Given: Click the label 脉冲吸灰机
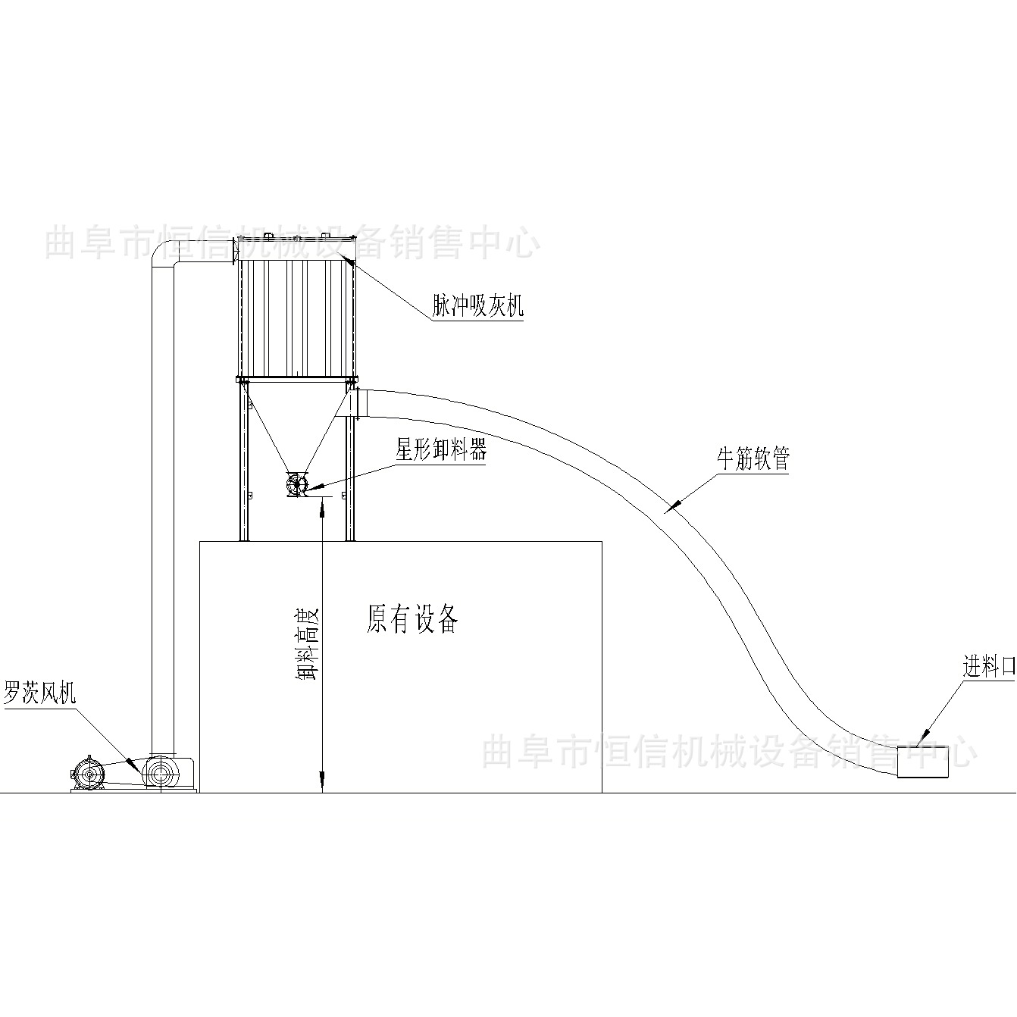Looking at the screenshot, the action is click(478, 306).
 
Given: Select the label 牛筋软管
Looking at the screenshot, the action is click(753, 459).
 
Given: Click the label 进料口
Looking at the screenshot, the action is click(988, 668).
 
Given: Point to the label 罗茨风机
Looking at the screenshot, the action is click(40, 693).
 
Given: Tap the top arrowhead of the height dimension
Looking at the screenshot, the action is click(323, 507).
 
